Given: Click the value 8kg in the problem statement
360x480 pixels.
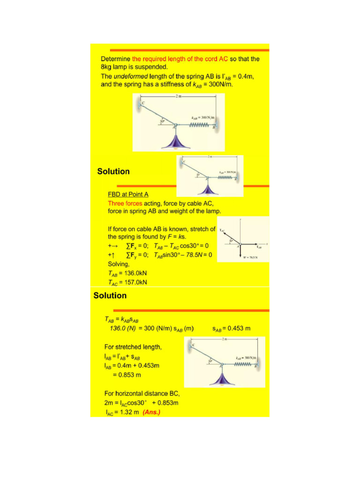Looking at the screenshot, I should point(107,67).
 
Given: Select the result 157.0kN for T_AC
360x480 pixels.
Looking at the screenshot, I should point(135,282).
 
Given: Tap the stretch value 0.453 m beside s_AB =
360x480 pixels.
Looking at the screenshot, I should point(239,328).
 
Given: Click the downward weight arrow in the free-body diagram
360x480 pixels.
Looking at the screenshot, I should point(240,252).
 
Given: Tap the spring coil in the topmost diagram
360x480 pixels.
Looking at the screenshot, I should point(197,125).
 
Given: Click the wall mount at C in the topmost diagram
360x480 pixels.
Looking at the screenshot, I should point(139,104).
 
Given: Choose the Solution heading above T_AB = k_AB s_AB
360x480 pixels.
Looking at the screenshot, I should point(110,295).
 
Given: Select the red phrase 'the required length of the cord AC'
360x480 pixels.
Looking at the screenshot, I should point(180,59).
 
